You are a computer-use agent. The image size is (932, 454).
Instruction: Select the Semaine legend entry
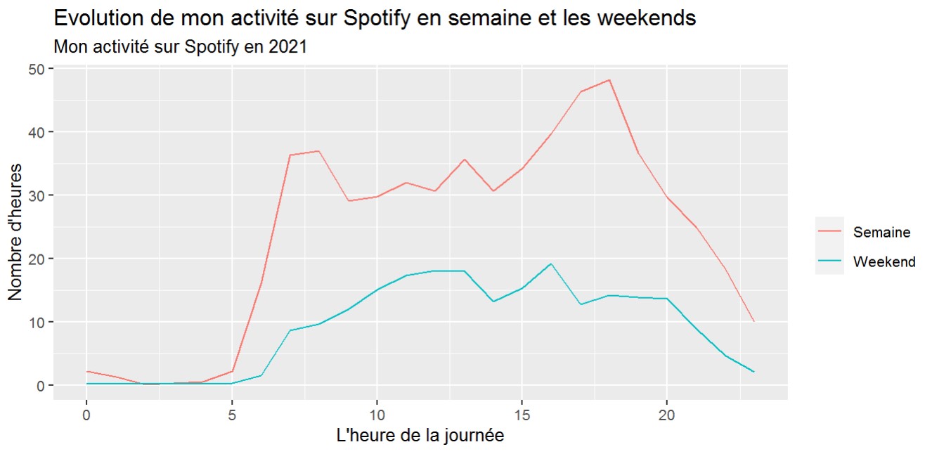click(x=881, y=232)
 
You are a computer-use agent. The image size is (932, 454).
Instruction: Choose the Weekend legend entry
click(x=884, y=262)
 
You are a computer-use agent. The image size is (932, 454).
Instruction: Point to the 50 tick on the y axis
click(x=37, y=69)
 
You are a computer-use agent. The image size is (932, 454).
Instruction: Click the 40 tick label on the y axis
click(x=37, y=132)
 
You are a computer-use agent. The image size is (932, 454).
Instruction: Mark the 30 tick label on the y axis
click(x=37, y=195)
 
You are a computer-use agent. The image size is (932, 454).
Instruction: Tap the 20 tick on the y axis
click(x=37, y=259)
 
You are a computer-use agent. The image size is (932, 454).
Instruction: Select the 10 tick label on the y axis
click(x=37, y=323)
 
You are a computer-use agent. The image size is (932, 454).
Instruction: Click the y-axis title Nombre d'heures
click(x=15, y=232)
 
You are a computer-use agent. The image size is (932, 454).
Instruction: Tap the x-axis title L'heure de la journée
click(x=420, y=436)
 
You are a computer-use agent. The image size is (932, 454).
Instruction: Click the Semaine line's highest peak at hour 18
click(x=609, y=79)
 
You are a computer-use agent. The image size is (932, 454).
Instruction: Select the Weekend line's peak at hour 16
click(x=551, y=264)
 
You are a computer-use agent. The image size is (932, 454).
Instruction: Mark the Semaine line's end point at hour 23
click(x=753, y=322)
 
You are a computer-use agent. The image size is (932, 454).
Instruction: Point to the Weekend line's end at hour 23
click(x=753, y=372)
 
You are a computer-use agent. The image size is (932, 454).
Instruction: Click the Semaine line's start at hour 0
click(x=86, y=371)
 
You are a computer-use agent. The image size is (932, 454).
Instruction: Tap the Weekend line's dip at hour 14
click(x=493, y=301)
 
